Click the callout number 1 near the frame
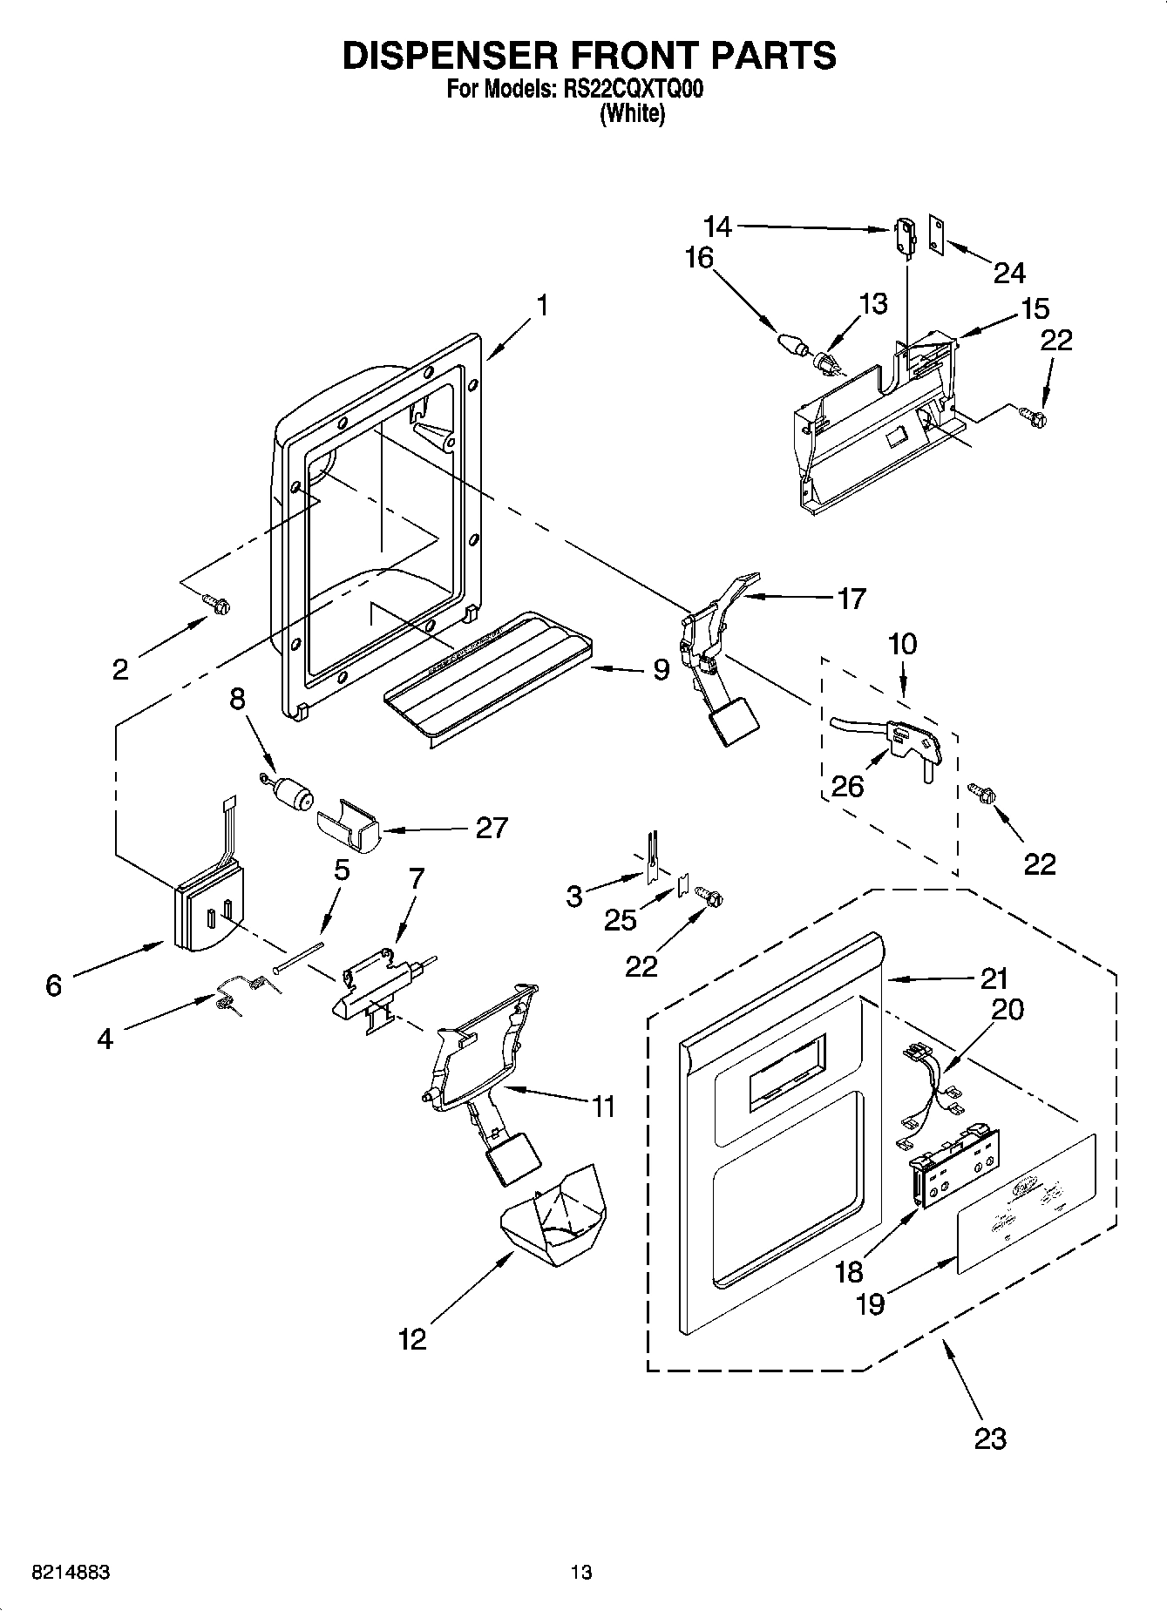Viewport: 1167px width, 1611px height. [542, 306]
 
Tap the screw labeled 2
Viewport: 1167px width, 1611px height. [215, 602]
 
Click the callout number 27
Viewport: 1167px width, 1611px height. [491, 827]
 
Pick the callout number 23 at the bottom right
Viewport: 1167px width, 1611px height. [990, 1438]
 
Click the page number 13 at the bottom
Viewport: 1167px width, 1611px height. [581, 1572]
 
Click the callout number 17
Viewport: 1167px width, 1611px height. [851, 599]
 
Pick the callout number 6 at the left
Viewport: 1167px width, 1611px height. [54, 985]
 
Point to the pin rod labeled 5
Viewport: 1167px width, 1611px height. [298, 956]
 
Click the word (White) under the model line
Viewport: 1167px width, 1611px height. [632, 114]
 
